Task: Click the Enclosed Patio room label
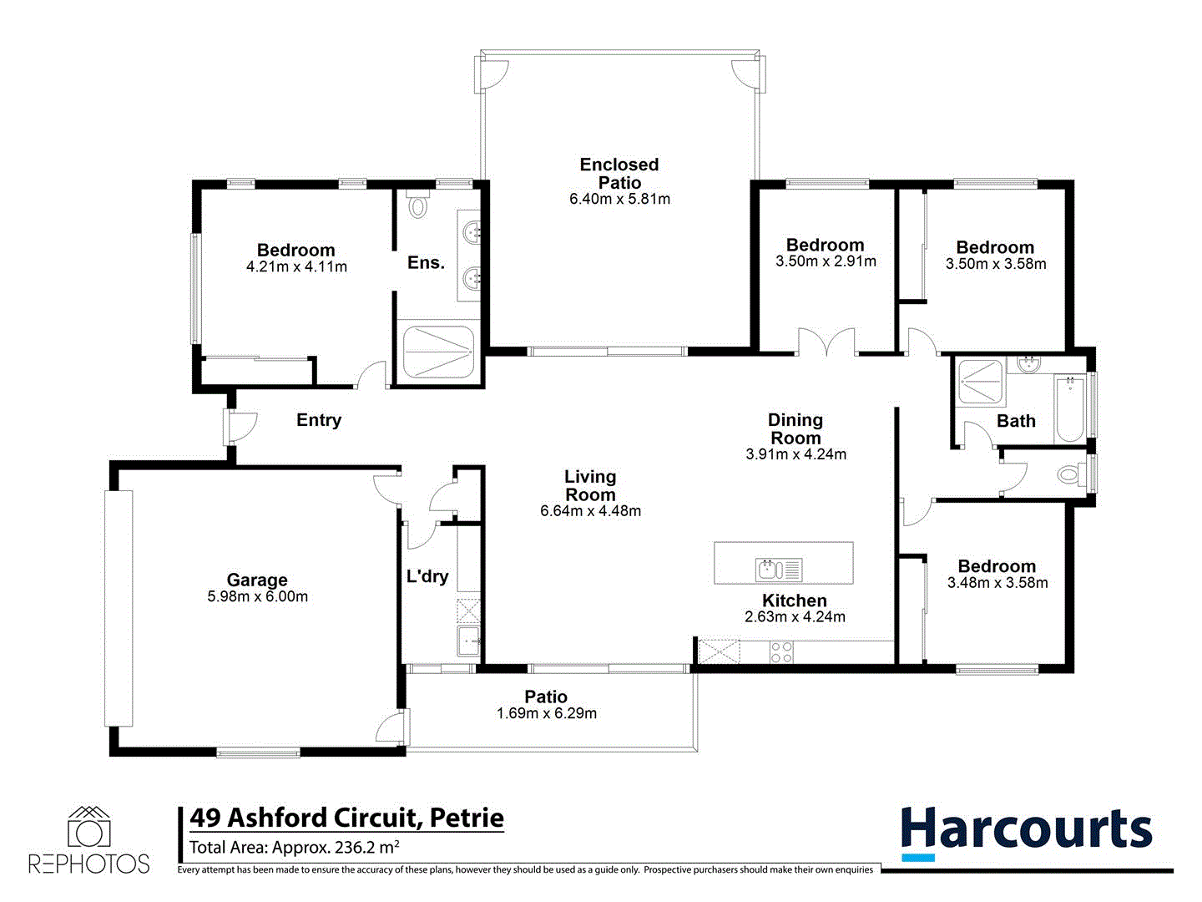point(619,174)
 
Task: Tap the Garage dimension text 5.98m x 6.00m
point(257,597)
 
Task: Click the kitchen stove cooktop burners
point(781,651)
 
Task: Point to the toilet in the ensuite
point(418,204)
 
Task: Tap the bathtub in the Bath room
point(1069,410)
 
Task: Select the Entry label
point(319,420)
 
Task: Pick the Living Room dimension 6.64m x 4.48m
point(590,511)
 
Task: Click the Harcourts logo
point(1026,832)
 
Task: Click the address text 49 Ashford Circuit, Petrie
point(346,818)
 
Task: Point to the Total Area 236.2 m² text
point(294,848)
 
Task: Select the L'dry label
point(427,576)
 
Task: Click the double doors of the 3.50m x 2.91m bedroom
point(826,343)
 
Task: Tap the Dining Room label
point(795,428)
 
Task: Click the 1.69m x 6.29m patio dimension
point(547,714)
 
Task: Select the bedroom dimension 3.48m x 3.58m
point(997,583)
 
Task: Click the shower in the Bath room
point(980,383)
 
